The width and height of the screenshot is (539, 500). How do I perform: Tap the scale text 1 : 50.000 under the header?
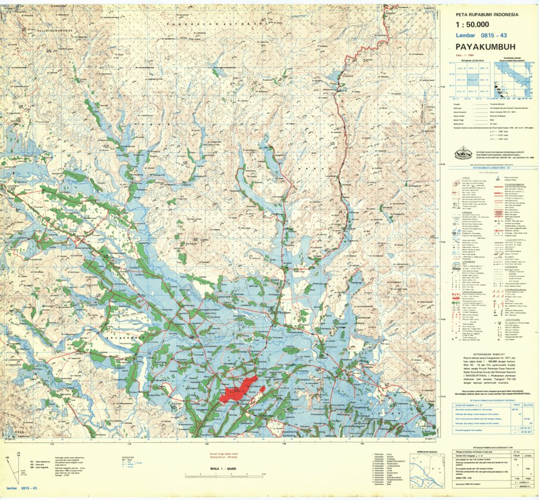click(x=472, y=25)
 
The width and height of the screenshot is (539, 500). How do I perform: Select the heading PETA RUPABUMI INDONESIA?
click(x=487, y=15)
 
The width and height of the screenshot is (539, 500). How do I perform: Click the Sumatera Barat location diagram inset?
click(x=513, y=80)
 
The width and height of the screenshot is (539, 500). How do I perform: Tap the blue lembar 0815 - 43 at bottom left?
click(x=21, y=488)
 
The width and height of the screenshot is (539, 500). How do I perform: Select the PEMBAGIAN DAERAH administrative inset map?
click(x=427, y=474)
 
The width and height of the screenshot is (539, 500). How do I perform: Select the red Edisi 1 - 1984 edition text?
click(x=458, y=55)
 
